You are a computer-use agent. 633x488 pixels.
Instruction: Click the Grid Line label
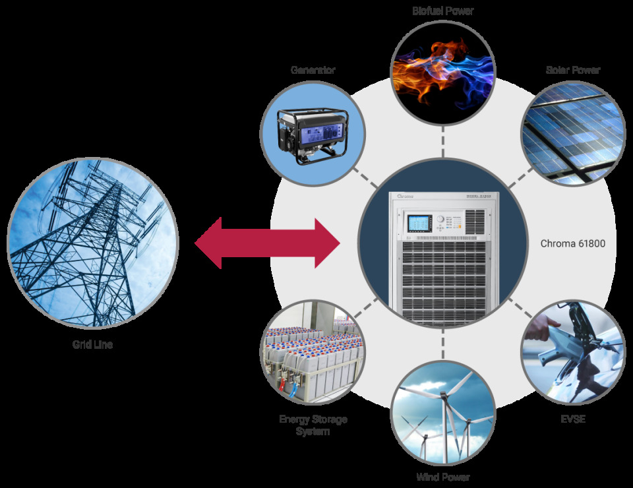coord(92,344)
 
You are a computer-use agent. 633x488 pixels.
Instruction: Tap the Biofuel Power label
coord(443,11)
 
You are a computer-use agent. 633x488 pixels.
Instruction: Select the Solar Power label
coord(573,70)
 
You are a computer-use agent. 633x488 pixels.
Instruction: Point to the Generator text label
coord(313,70)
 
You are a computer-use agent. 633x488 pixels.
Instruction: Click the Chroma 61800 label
coord(572,243)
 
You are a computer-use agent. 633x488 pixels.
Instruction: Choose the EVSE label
coord(572,418)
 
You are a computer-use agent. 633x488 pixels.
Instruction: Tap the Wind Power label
coord(443,477)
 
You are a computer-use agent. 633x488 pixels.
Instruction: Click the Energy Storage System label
coord(313,425)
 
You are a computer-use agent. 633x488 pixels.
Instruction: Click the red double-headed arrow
coord(267,243)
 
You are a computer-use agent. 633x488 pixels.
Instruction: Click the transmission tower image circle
coord(92,243)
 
